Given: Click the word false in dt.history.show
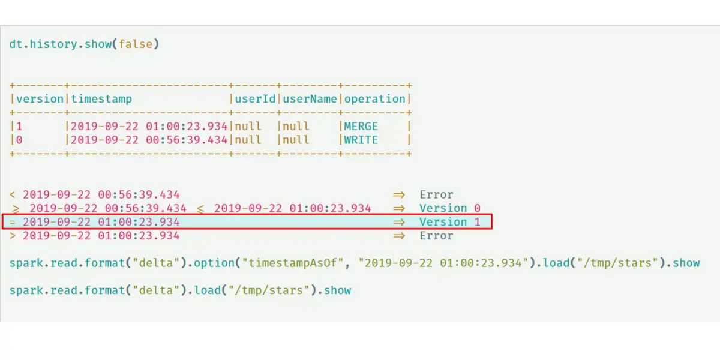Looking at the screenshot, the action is click(x=136, y=44).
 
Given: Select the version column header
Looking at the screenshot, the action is click(x=40, y=99).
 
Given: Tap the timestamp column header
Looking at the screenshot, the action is click(x=101, y=100).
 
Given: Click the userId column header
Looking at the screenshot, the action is click(x=255, y=99).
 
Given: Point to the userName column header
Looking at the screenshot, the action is click(x=310, y=99).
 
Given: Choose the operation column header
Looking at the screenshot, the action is click(x=375, y=100).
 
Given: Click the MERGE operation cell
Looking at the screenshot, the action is click(x=361, y=127).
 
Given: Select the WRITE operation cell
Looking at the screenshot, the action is click(x=361, y=140).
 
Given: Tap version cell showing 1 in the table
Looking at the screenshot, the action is click(x=19, y=127).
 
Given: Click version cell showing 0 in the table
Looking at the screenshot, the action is click(x=19, y=140).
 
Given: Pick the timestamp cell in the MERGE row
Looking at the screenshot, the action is click(x=149, y=127).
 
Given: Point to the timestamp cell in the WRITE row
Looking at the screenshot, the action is click(x=149, y=140).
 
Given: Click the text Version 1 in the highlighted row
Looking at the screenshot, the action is click(x=450, y=222).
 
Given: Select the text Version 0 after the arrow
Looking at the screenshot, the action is click(x=450, y=208).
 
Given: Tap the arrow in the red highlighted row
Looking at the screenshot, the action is click(x=399, y=222).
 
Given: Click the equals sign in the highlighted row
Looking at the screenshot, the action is click(x=13, y=222).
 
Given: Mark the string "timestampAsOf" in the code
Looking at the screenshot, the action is click(x=293, y=263).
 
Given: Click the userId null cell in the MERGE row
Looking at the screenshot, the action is click(x=248, y=127).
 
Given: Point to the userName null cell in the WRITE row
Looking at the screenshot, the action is click(x=296, y=140).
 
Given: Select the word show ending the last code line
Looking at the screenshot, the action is click(x=337, y=290).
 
